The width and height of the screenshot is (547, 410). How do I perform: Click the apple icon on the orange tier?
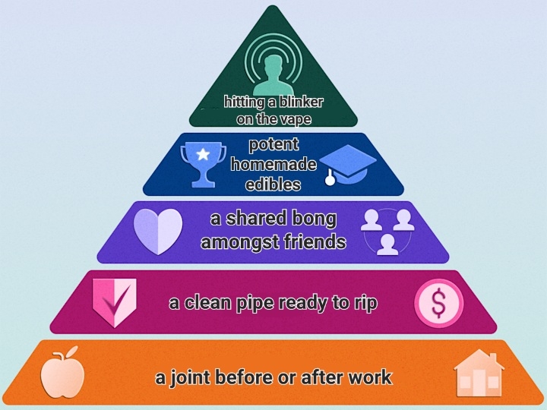pos(62,372)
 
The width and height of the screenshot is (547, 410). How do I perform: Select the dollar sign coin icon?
pos(439,303)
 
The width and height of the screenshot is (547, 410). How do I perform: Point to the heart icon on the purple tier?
pos(158,231)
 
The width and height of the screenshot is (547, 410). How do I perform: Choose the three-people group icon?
pos(387,232)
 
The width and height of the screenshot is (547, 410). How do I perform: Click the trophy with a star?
pos(203,164)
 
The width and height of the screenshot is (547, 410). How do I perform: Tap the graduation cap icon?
pos(347,165)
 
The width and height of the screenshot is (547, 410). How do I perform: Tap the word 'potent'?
pos(273,145)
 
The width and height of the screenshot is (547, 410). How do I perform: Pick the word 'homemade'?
pos(273,164)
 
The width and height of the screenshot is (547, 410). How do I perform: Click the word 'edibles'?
pos(273,184)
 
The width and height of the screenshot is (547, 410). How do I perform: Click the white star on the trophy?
pos(203,153)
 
